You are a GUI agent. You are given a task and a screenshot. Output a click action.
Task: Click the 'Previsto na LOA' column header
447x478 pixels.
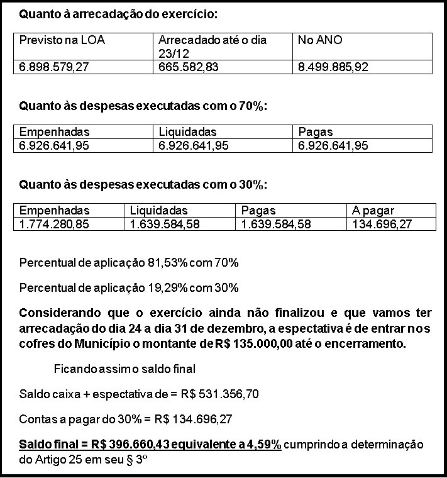pyautogui.click(x=62, y=40)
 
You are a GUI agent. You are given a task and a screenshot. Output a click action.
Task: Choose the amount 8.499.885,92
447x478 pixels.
pyautogui.click(x=333, y=67)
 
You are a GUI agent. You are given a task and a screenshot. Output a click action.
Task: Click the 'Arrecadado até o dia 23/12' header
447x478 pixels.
pyautogui.click(x=212, y=47)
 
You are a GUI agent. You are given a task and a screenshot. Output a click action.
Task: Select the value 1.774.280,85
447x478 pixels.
pyautogui.click(x=53, y=223)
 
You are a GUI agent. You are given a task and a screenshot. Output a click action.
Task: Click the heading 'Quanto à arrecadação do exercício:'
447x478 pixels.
pyautogui.click(x=119, y=13)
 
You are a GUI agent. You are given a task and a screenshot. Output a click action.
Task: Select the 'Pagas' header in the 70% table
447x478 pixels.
pyautogui.click(x=316, y=132)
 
